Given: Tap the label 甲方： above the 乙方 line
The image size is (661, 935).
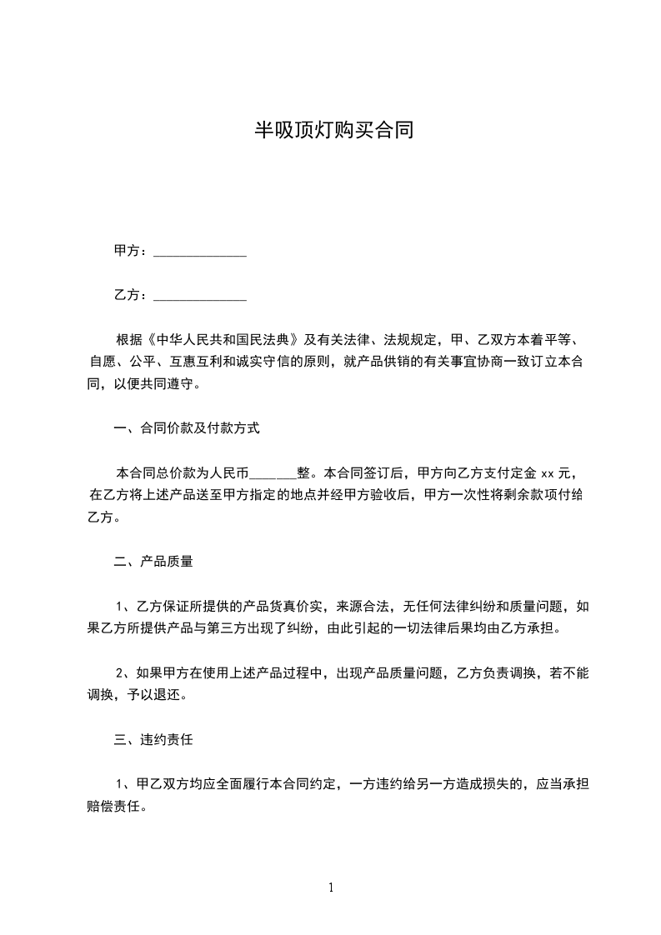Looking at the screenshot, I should pyautogui.click(x=131, y=251).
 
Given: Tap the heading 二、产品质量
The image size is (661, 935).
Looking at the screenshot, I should pyautogui.click(x=153, y=562).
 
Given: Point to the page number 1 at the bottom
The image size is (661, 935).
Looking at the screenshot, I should pyautogui.click(x=331, y=888).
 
